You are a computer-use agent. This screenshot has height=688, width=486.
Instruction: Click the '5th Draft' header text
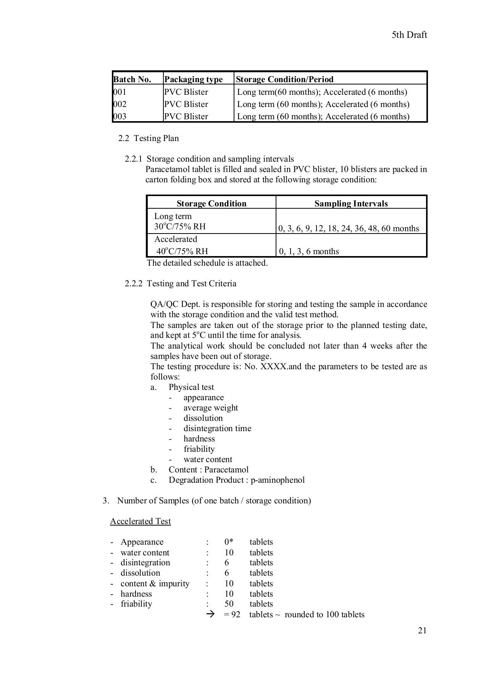(409, 35)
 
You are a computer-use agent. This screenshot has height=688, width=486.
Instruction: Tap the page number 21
(422, 630)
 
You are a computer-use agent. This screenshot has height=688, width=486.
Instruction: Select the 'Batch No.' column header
(132, 79)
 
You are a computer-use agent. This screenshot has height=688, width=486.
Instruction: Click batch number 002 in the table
(120, 104)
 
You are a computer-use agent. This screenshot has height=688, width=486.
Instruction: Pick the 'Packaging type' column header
(193, 79)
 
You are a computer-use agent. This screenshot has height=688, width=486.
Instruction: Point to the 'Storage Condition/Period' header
(284, 79)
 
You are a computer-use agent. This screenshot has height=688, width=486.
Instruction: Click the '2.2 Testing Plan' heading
(149, 138)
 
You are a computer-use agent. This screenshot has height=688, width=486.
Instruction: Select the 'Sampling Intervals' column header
(351, 203)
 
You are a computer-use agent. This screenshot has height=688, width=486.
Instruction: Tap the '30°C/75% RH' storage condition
(180, 227)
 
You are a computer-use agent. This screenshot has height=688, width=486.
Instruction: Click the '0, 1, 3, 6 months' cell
(309, 251)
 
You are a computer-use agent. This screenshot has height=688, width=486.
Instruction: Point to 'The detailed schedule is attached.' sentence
(207, 263)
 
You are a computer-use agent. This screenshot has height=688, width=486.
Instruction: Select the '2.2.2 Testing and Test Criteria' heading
(180, 283)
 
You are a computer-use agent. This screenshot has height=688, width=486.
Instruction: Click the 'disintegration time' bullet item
(217, 428)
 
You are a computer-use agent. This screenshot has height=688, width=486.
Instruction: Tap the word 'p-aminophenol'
(278, 480)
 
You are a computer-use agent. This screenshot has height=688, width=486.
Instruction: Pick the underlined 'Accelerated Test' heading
(140, 521)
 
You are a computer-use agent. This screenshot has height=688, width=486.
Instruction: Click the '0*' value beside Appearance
(229, 542)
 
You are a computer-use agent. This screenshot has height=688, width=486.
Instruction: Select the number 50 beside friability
(229, 604)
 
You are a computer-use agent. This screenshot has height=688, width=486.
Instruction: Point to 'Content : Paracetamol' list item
(208, 469)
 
